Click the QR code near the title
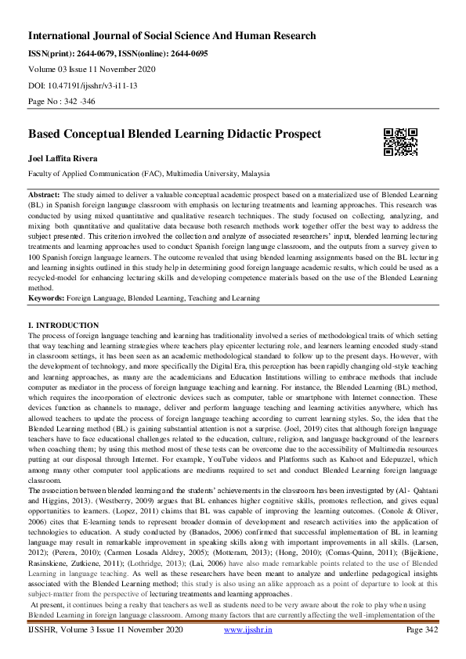click(400, 141)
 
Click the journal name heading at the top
click(172, 36)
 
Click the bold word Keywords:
click(46, 297)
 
